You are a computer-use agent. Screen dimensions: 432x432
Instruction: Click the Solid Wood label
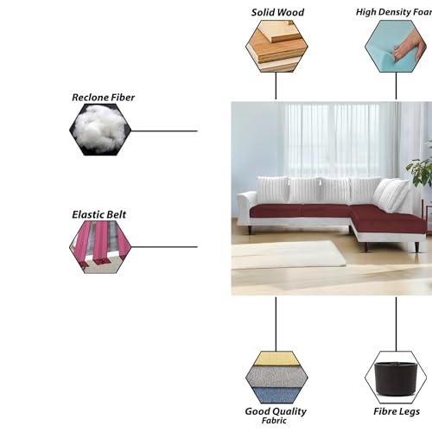pos(277,12)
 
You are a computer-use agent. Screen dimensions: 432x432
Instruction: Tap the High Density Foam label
pos(394,12)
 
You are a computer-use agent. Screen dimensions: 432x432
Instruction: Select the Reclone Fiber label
pos(103,98)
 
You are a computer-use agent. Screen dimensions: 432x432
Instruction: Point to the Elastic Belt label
pos(98,214)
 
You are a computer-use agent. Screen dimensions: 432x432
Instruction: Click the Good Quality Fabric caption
pos(276,415)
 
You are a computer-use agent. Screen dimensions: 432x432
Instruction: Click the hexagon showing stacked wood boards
pos(276,46)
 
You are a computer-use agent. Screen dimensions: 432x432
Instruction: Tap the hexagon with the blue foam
pos(396,46)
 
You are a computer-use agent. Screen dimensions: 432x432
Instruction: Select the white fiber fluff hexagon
pos(100,130)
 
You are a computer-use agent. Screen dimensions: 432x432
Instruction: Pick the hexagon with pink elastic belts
pos(100,247)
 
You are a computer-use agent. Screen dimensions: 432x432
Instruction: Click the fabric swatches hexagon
pos(276,378)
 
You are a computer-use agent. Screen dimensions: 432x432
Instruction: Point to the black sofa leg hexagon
pos(396,378)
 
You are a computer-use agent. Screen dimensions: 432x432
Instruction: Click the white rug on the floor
pos(288,255)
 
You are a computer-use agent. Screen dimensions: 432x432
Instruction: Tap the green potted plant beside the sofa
pos(420,172)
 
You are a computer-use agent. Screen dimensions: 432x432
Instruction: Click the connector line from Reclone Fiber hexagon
pos(164,131)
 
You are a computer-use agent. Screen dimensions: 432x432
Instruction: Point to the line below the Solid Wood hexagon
pos(276,86)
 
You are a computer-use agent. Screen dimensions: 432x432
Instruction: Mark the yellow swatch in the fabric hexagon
pos(276,359)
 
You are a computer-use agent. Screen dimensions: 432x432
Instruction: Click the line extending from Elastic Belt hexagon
pos(164,247)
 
